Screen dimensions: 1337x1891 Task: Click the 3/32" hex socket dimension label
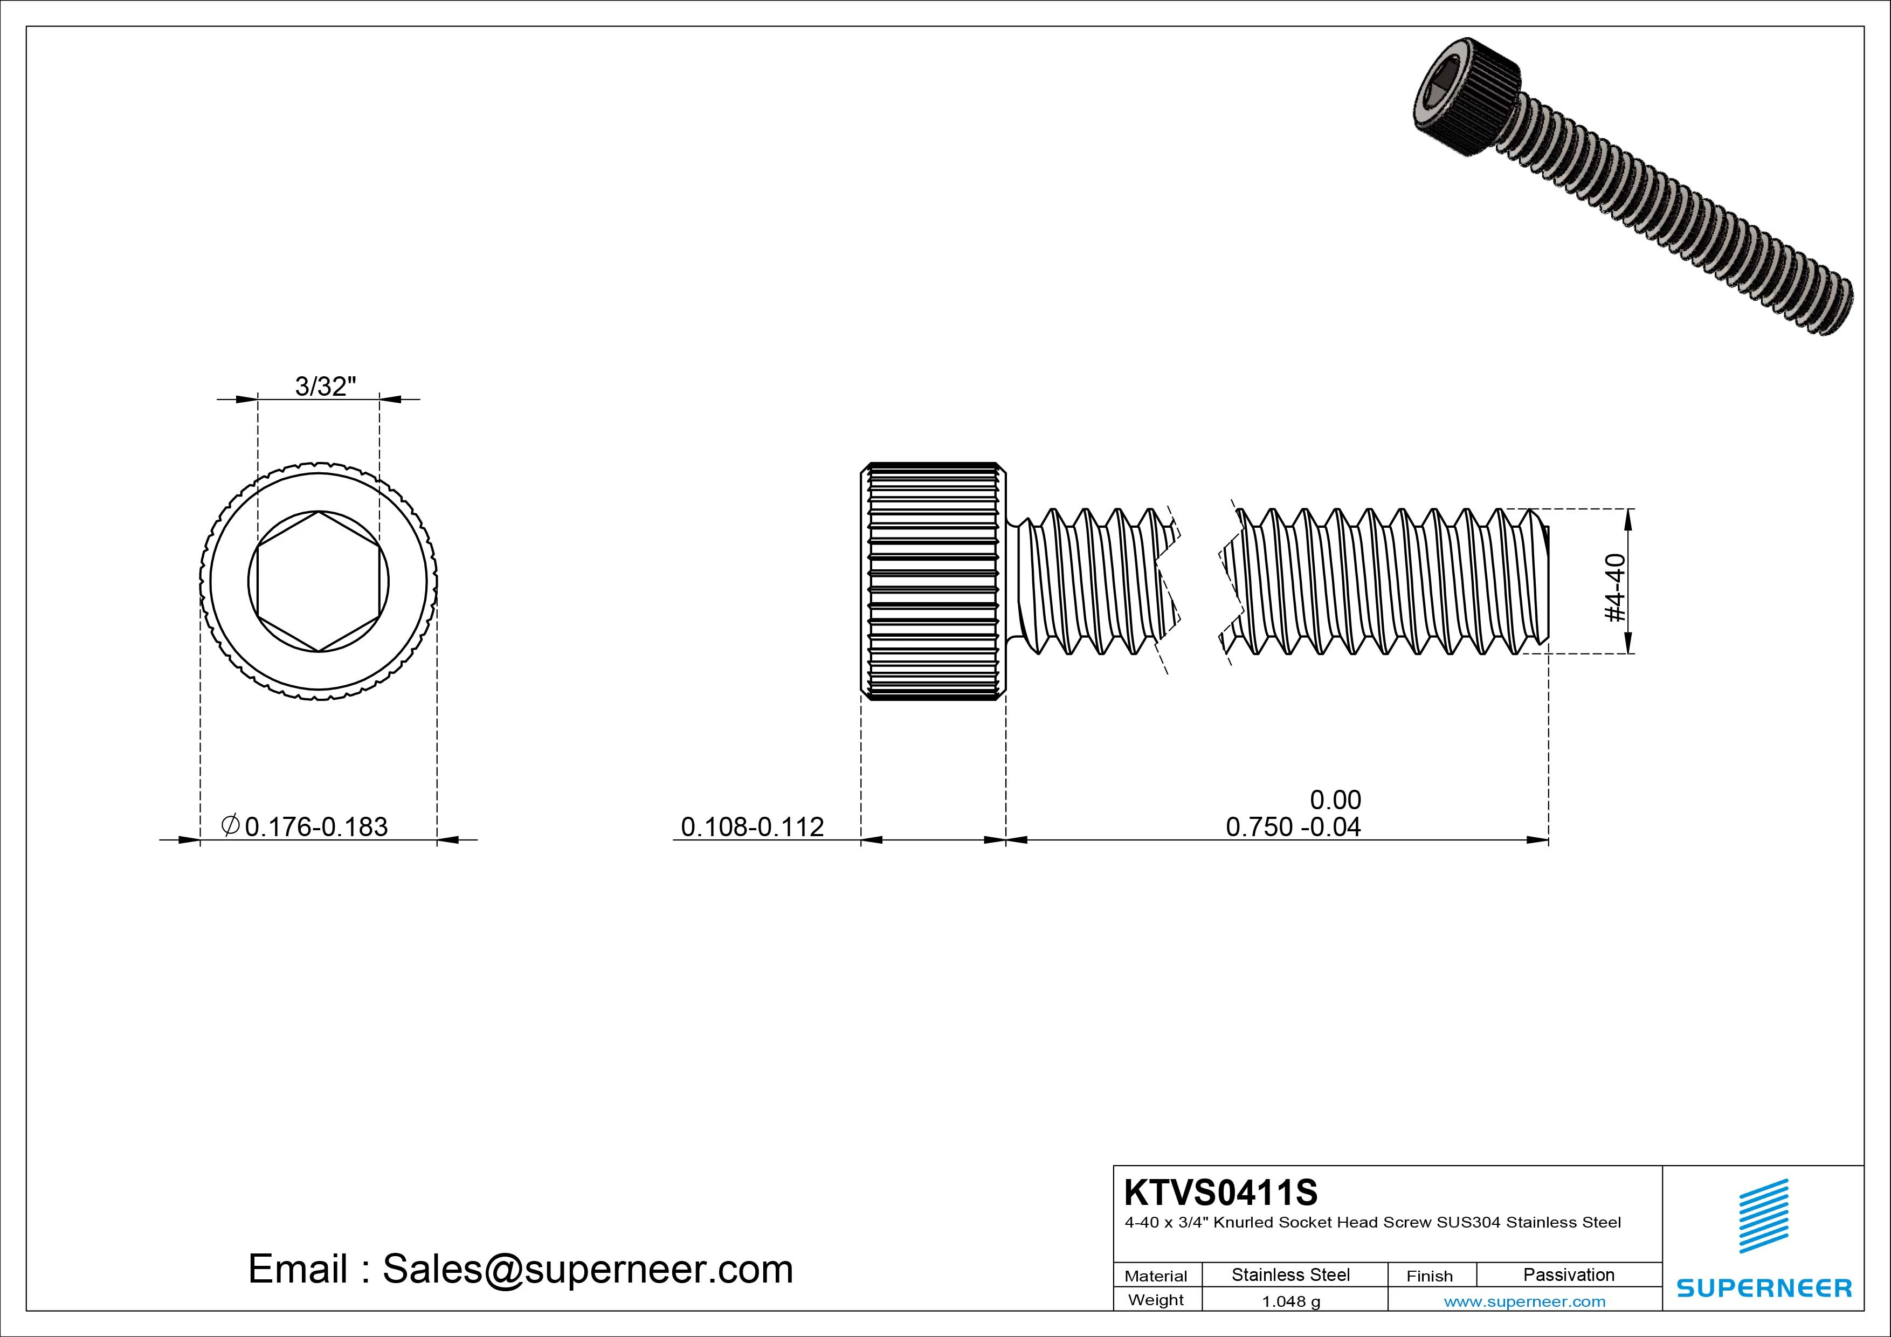tap(326, 385)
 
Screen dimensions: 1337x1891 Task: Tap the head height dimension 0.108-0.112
tap(752, 826)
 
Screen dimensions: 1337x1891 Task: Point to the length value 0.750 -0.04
tap(1293, 826)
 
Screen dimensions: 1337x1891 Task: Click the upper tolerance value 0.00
tap(1335, 799)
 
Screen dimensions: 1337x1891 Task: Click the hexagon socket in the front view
tap(319, 582)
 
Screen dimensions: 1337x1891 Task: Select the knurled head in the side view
tap(933, 582)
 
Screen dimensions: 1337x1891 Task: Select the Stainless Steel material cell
tap(1290, 1274)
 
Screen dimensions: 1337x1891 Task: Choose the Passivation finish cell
tap(1568, 1274)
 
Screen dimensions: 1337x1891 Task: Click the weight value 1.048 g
tap(1290, 1301)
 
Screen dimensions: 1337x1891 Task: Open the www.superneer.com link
tap(1524, 1301)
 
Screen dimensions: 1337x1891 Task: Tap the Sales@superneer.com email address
tap(587, 1269)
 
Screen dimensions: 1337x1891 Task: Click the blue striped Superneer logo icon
tap(1763, 1216)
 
